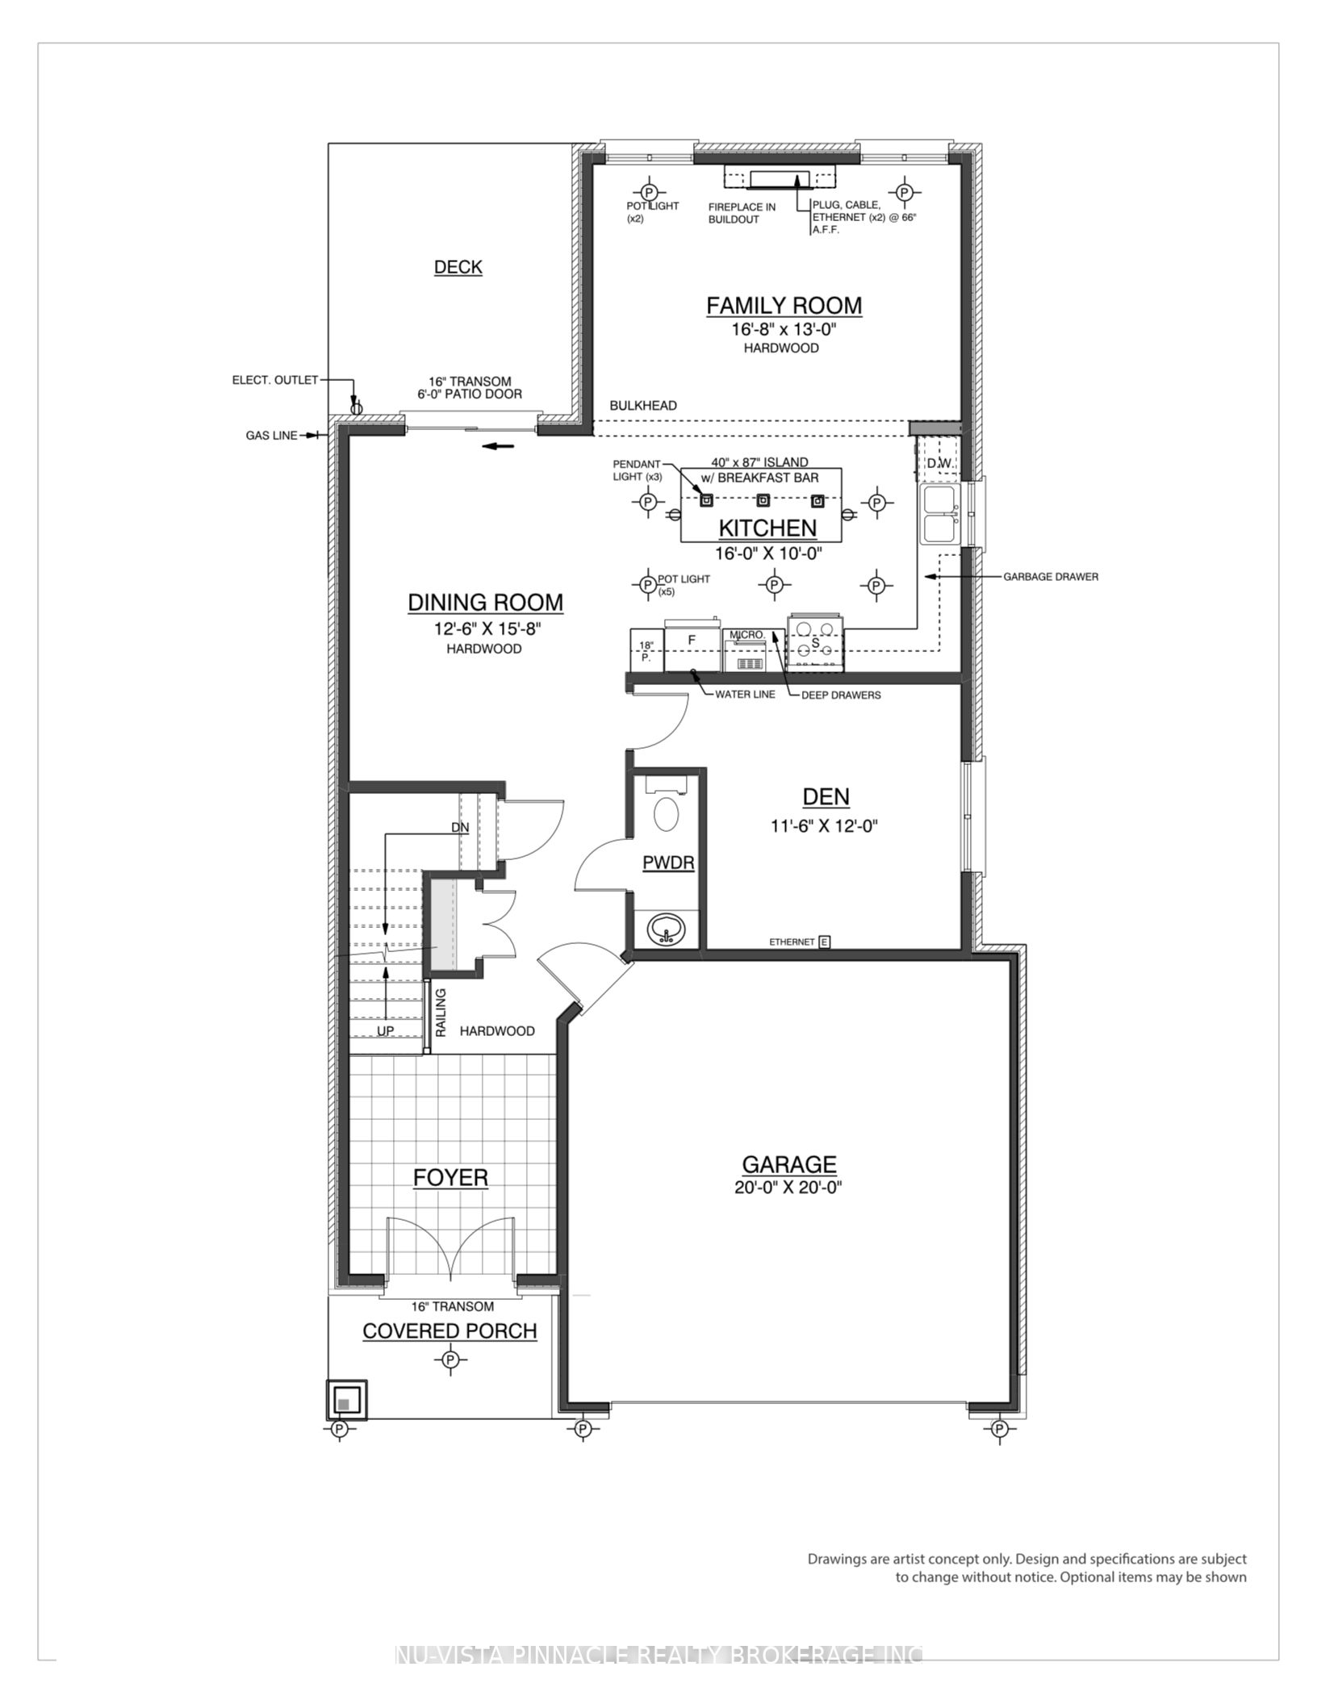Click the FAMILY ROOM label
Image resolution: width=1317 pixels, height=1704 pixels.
coord(784,306)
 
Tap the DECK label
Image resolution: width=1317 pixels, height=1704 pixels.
coord(458,267)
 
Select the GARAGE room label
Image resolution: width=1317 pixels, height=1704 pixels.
coord(788,1164)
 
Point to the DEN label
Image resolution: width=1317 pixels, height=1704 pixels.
coord(826,797)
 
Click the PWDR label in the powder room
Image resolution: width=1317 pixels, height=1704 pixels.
coord(668,863)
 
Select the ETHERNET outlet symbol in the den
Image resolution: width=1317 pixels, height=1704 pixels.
coord(825,942)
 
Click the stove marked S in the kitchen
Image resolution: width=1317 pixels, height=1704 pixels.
coord(815,642)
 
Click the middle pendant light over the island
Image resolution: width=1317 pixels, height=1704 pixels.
coord(763,500)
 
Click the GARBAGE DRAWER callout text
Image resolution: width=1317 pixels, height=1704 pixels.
coord(1051,577)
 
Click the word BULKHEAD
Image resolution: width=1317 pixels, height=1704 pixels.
coord(643,406)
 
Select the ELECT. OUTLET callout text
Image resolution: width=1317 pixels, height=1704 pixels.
coord(275,380)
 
